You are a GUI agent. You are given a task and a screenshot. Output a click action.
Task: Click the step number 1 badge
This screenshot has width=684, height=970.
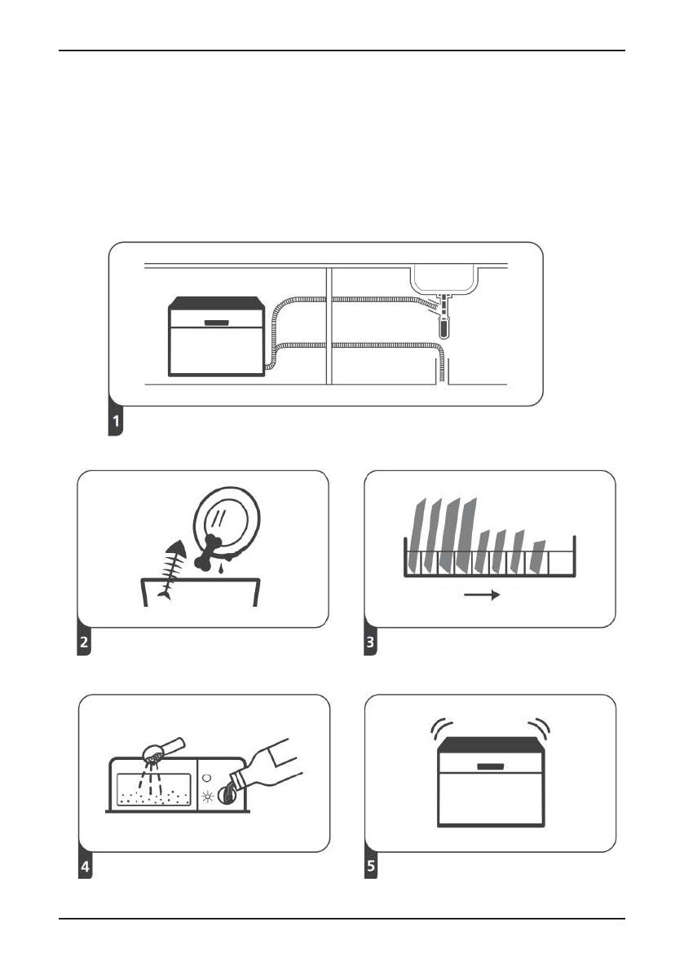pos(117,423)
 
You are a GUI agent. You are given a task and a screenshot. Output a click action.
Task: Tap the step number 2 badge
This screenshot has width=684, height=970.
pos(84,643)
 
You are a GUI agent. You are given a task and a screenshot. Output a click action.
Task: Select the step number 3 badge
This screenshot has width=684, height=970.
pos(371,643)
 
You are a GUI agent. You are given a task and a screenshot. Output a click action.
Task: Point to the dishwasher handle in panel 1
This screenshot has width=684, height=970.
pos(216,323)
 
